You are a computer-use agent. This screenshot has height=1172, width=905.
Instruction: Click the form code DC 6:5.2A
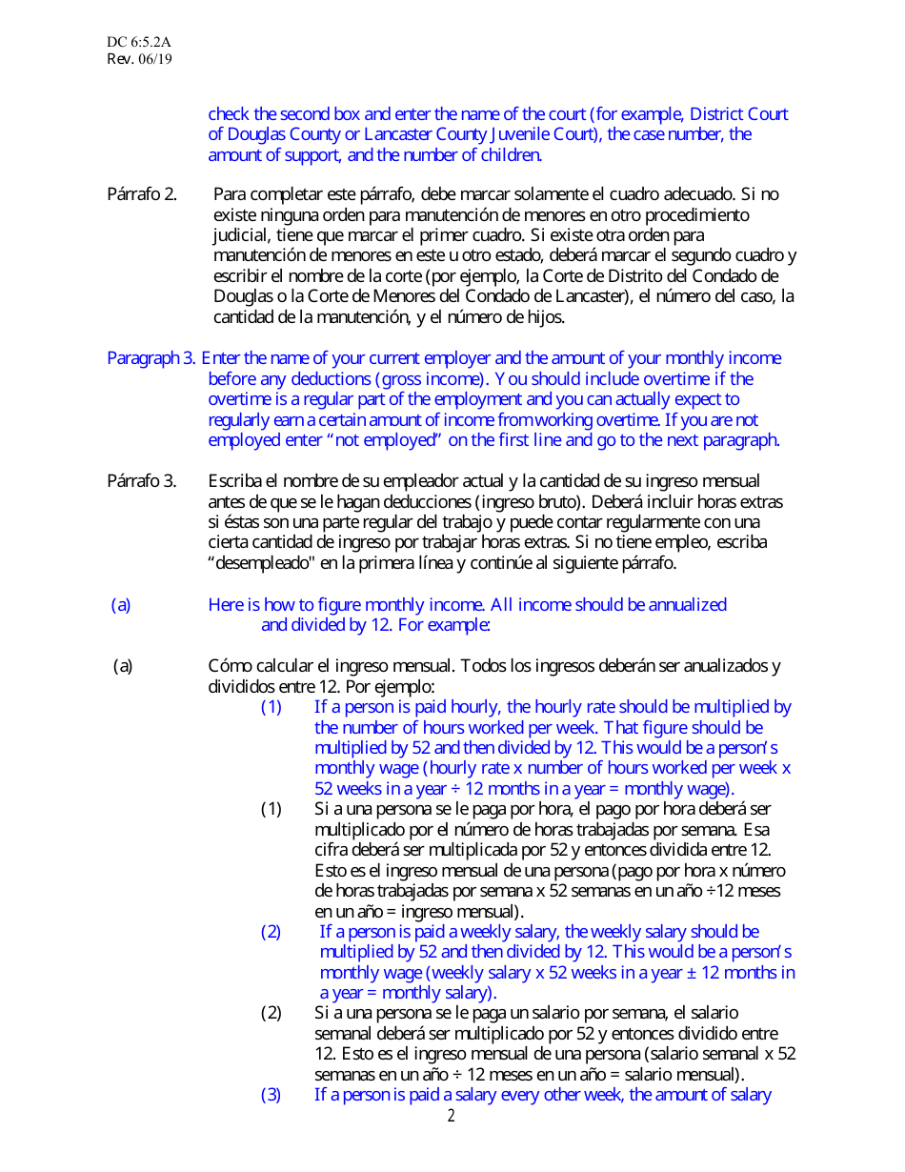138,43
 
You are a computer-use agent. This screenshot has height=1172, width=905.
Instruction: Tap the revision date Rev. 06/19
139,59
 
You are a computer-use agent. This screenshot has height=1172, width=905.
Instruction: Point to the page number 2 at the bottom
452,1116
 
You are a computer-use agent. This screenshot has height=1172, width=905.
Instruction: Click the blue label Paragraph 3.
151,358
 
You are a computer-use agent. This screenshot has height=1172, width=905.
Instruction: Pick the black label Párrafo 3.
141,480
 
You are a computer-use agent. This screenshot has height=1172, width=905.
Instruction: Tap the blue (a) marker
121,604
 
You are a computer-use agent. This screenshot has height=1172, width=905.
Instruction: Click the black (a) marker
123,666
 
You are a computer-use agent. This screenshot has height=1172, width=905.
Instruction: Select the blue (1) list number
271,707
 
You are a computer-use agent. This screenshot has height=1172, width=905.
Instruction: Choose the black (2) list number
271,1013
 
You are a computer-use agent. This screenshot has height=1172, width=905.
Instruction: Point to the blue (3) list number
271,1095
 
